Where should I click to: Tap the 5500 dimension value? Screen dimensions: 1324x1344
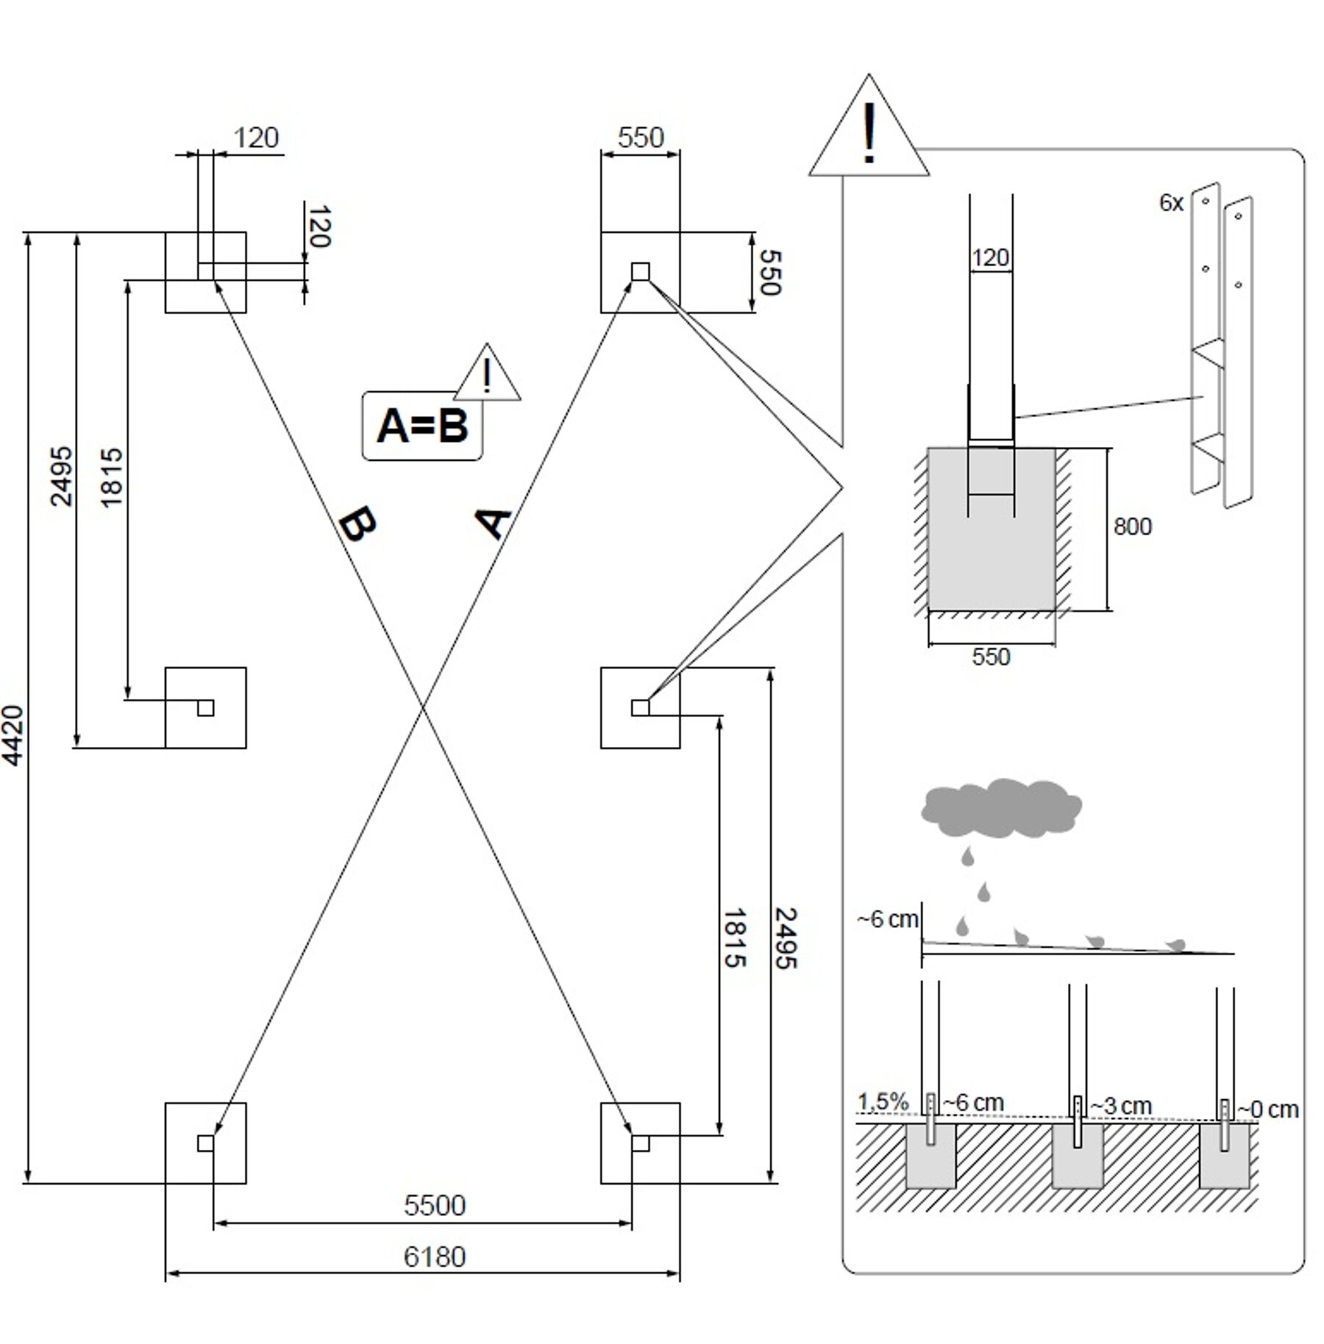click(x=435, y=1206)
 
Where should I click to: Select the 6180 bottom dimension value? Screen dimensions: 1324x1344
click(x=435, y=1257)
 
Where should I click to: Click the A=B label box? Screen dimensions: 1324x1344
click(x=422, y=426)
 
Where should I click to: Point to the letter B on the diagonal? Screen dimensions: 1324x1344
click(x=358, y=525)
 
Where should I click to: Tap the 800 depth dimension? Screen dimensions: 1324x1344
click(x=1132, y=526)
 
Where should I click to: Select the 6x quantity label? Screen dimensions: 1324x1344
click(x=1171, y=203)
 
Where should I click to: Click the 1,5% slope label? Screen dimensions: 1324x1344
click(x=883, y=1101)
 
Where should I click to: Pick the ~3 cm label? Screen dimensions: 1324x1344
click(x=1120, y=1105)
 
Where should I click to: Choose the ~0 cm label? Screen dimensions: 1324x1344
click(x=1267, y=1109)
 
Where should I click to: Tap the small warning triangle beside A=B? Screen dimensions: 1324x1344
click(x=487, y=373)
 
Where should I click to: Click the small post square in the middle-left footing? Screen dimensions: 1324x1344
click(x=206, y=707)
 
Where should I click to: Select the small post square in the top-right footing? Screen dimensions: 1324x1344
click(x=640, y=272)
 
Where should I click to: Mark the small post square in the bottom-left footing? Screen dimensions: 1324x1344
click(x=206, y=1143)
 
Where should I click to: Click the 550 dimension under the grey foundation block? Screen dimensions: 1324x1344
click(x=991, y=657)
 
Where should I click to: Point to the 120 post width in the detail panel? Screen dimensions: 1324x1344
click(x=990, y=258)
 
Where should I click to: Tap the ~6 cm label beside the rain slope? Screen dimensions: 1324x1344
click(x=888, y=920)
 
